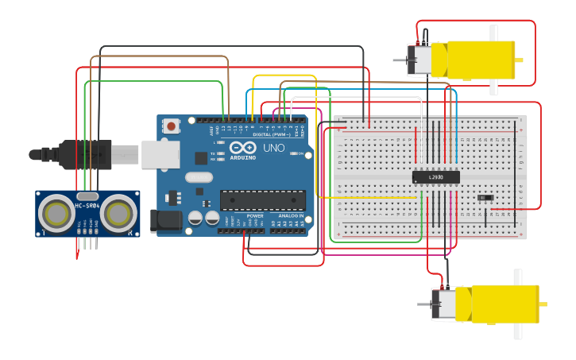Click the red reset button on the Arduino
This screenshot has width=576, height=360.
coord(171,126)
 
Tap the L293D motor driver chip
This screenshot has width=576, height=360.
coord(435,177)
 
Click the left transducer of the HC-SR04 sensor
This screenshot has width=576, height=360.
coord(56,213)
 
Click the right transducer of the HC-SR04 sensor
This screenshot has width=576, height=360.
coord(118,213)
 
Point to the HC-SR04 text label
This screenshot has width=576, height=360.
coord(87,207)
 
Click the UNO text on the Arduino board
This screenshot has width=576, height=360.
coord(273,148)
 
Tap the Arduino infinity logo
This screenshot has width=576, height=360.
coord(242,147)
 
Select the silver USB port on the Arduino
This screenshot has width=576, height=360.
coord(160,154)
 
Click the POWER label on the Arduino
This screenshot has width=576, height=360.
coord(255,216)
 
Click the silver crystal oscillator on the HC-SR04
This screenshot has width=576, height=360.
coord(87,195)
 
